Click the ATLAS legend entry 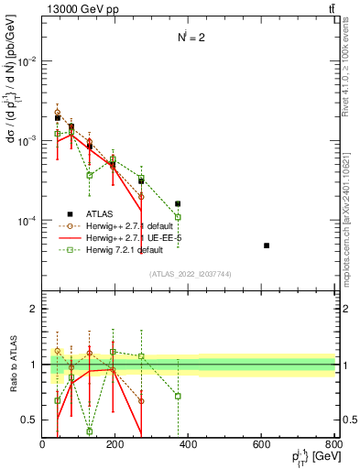tap(101, 213)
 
